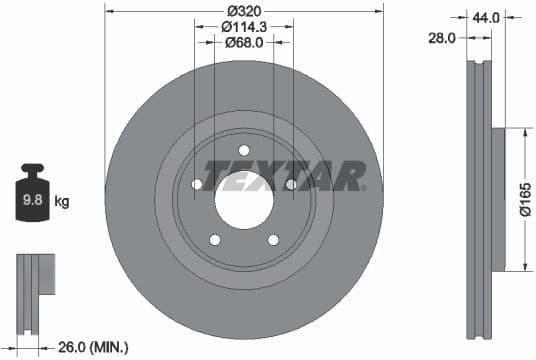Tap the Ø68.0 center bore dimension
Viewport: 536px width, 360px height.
(x=244, y=42)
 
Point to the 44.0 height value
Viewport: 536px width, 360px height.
(x=486, y=16)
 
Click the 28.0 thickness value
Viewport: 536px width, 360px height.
(x=441, y=37)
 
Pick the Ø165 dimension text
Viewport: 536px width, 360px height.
(x=523, y=200)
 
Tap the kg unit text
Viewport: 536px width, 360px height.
(x=62, y=202)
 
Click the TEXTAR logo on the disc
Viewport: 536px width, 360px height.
(x=284, y=176)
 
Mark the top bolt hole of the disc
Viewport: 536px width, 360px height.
(x=244, y=150)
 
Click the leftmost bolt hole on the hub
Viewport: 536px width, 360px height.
(x=197, y=185)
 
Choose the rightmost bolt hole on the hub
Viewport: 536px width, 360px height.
(x=291, y=185)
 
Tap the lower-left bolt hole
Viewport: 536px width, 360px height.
(x=215, y=239)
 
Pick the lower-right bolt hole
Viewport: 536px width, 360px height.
(x=273, y=239)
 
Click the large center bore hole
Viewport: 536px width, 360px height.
(x=244, y=200)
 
